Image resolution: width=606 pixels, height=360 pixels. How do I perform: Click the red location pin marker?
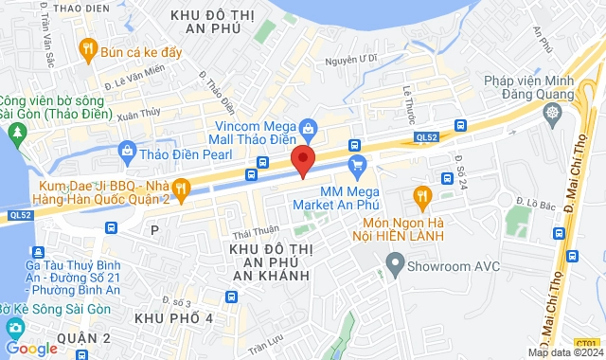click(x=303, y=159)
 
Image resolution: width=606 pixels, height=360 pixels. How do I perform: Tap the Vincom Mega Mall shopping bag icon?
click(x=307, y=127)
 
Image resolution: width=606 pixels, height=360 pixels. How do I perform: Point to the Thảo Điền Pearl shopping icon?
click(x=128, y=151)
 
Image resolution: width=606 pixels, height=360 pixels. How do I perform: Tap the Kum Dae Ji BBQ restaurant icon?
click(x=181, y=185)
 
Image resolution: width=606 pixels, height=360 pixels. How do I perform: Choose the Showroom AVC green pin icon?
click(x=395, y=265)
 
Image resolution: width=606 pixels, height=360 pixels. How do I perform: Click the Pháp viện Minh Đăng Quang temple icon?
click(x=553, y=113)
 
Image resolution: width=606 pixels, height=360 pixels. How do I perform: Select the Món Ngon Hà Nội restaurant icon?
click(x=423, y=195)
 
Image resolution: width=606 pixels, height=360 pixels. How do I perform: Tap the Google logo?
click(x=30, y=349)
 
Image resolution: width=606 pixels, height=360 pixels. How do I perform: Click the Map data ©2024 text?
click(x=563, y=352)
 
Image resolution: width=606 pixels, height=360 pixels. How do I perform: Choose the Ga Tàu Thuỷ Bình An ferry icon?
click(x=37, y=252)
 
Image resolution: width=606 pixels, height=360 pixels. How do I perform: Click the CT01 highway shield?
click(x=587, y=343)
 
